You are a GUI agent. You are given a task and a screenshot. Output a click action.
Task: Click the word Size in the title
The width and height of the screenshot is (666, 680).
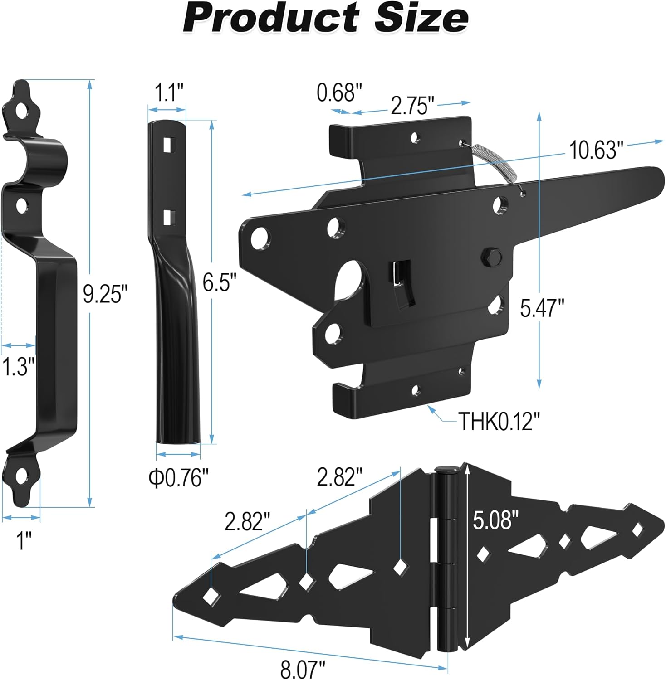click(x=421, y=18)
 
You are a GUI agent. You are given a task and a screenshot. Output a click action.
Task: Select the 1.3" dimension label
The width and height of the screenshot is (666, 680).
click(x=19, y=366)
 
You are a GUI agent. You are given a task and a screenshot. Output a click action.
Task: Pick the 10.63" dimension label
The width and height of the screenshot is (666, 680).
click(x=596, y=150)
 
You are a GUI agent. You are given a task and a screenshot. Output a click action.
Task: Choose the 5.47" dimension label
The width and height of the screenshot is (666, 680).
click(x=542, y=309)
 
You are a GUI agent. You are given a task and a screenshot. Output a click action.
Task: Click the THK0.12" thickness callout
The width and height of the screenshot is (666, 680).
click(x=499, y=421)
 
